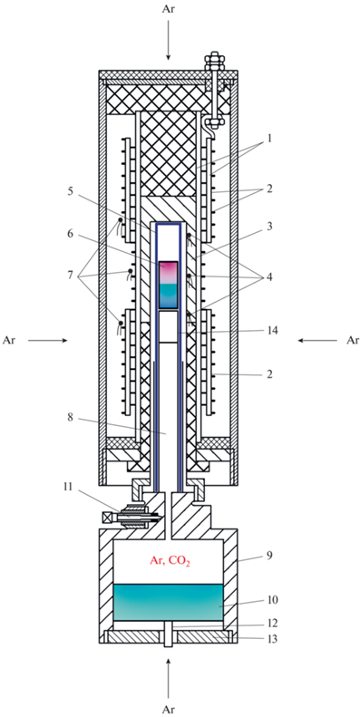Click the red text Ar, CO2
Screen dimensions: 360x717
point(169,559)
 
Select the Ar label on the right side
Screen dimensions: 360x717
point(352,340)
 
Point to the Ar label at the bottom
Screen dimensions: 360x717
point(169,709)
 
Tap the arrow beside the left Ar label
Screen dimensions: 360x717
point(48,340)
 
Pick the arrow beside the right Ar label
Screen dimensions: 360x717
point(317,340)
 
